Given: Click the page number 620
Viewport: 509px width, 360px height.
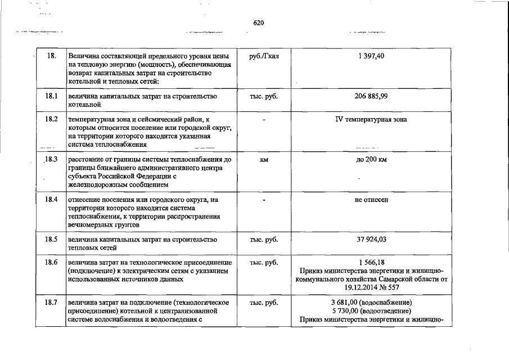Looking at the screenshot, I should point(259,23).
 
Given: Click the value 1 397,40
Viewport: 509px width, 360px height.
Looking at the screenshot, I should point(371,57).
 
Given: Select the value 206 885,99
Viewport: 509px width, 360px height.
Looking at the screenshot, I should point(371,97).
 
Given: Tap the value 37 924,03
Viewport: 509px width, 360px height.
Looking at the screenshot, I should point(371,240).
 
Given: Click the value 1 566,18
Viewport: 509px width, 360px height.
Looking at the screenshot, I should point(371,263).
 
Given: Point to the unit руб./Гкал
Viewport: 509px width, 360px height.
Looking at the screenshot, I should point(263,57).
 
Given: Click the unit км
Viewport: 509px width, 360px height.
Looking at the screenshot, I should point(263,160).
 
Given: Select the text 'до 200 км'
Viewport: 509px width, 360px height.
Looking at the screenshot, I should point(371,160).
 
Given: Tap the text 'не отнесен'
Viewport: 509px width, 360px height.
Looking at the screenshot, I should point(371,200).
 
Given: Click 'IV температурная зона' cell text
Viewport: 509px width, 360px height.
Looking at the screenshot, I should point(371,119).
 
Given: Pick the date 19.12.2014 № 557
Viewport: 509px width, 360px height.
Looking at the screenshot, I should point(371,287).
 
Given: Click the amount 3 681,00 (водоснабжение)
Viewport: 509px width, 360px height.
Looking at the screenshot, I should point(371,303).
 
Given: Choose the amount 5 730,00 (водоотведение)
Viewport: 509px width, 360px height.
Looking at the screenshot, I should point(371,312).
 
